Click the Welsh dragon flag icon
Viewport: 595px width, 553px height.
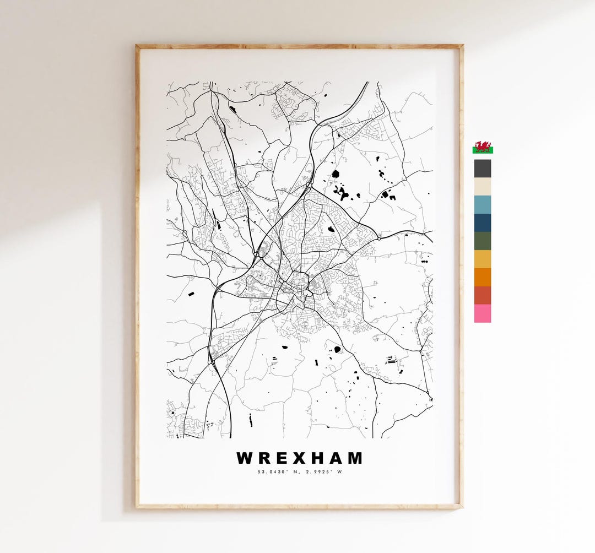point(483,148)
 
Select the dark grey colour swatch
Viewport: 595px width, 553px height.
point(483,169)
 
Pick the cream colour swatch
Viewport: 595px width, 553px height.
point(483,186)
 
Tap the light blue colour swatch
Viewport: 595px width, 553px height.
point(483,204)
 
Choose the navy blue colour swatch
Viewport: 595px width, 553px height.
point(483,223)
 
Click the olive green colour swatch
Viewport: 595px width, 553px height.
point(483,241)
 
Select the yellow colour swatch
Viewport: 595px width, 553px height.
point(483,259)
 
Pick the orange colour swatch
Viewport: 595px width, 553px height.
point(483,277)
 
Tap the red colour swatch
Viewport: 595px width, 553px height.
point(483,295)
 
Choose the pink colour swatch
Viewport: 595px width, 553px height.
point(483,313)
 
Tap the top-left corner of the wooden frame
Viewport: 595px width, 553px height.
point(137,46)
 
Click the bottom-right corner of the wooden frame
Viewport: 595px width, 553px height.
point(461,506)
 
